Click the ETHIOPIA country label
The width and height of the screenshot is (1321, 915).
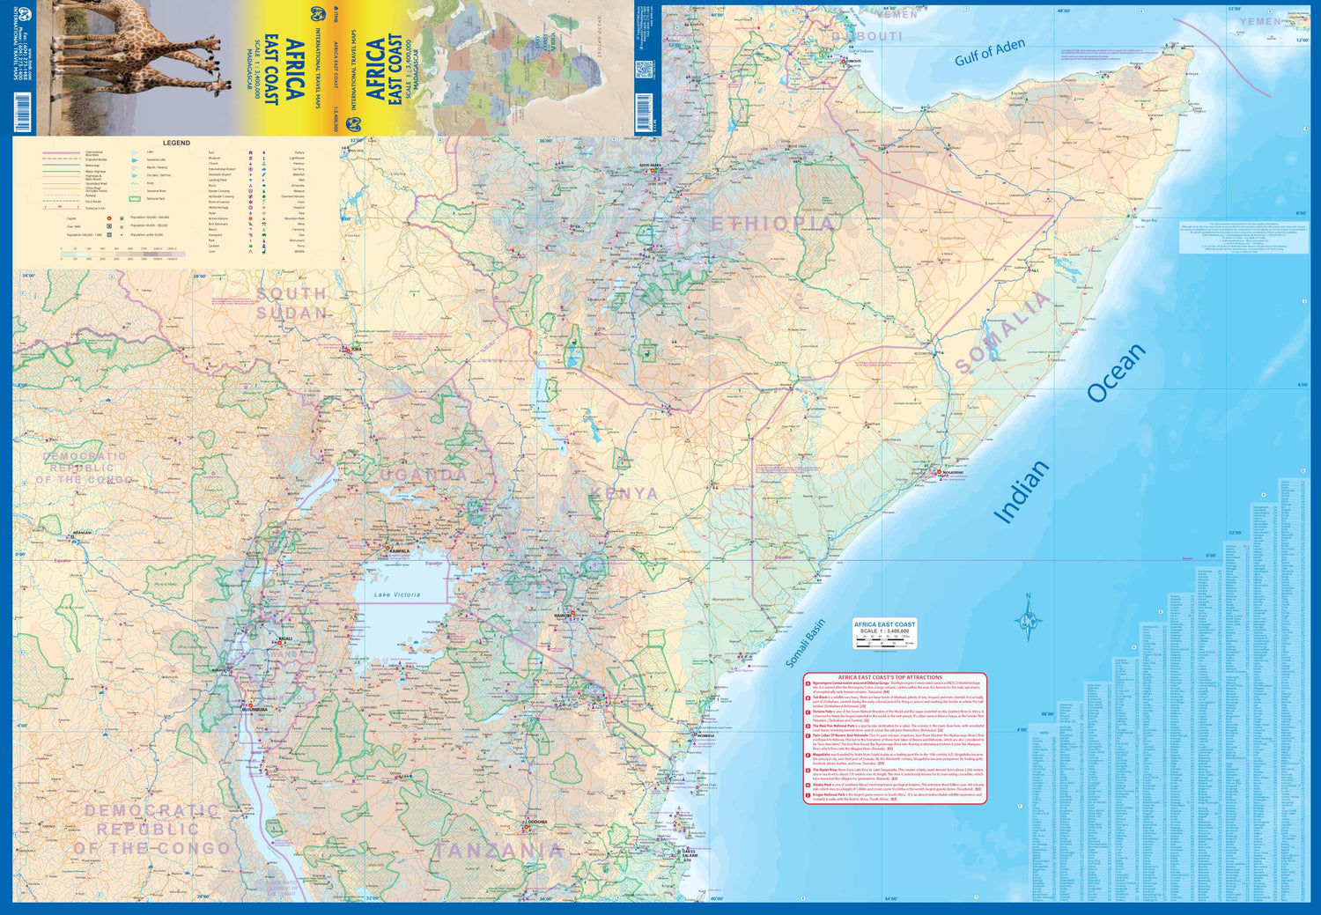click(771, 225)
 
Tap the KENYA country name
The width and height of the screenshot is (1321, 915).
click(624, 494)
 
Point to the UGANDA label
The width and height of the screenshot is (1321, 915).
click(424, 476)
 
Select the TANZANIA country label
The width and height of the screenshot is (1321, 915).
click(498, 851)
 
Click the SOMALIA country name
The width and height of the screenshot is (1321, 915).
click(1003, 332)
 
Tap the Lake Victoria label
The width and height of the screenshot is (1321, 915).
click(397, 595)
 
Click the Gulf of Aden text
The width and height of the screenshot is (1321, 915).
click(990, 52)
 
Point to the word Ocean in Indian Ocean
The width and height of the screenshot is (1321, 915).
click(1116, 373)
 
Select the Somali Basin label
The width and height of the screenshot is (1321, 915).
click(805, 643)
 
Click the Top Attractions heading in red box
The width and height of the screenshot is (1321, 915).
click(889, 677)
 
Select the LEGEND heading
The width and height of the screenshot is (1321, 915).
click(176, 143)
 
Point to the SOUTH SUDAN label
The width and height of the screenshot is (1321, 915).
click(292, 303)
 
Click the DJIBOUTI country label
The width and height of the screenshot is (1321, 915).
click(867, 36)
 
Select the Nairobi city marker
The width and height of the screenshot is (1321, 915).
click(572, 614)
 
